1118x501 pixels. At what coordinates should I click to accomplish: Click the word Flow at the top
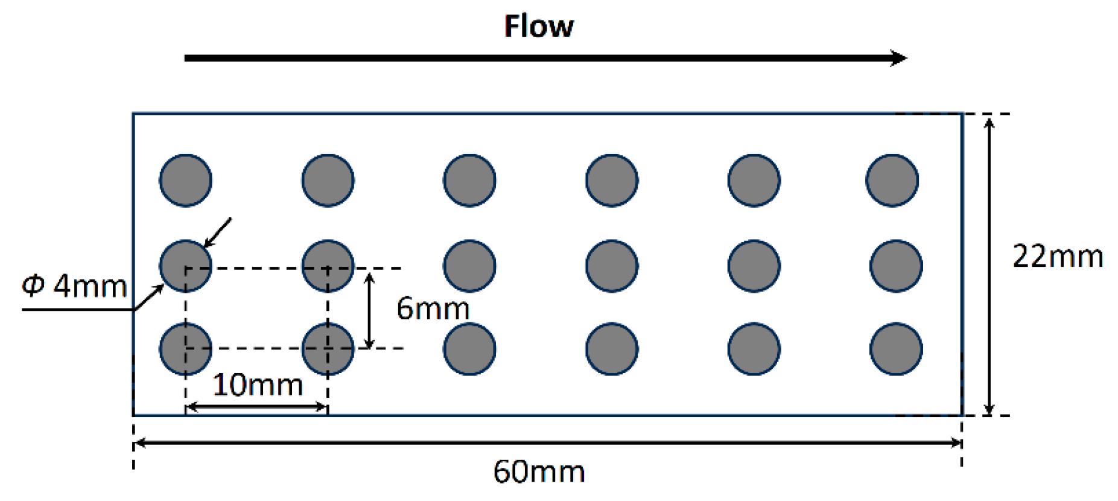[x=539, y=27]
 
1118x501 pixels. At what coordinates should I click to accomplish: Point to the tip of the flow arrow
[x=905, y=58]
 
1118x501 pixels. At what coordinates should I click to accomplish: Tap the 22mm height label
[x=1058, y=257]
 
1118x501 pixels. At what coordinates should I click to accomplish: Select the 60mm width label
[x=539, y=471]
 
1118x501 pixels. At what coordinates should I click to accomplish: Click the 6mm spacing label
[x=433, y=309]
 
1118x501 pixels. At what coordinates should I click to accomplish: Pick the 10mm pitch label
[x=258, y=385]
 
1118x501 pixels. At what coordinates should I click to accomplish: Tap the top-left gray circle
[x=186, y=180]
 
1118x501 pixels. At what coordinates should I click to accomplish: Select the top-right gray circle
[x=892, y=180]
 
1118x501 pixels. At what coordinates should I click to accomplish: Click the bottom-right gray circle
[x=896, y=349]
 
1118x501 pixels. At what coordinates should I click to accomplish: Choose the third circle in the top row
[x=469, y=180]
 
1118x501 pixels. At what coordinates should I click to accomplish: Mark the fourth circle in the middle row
[x=612, y=266]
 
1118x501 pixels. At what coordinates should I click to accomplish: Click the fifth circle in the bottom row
[x=754, y=349]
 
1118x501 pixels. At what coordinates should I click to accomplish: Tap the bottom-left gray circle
[x=186, y=349]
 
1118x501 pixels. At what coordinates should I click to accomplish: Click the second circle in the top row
[x=328, y=180]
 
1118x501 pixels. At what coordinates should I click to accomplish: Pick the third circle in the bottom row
[x=469, y=349]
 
